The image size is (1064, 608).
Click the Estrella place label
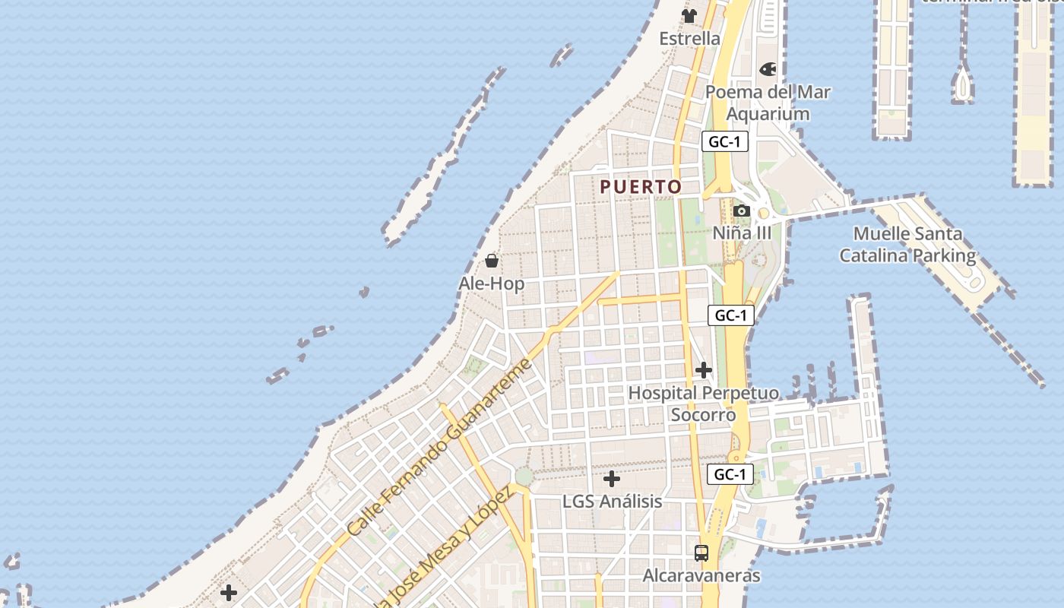[689, 38]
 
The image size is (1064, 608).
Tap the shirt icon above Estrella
[689, 16]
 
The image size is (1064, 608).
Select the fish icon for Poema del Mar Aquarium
[768, 70]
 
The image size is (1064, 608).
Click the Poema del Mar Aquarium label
[768, 103]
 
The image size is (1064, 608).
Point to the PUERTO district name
[641, 186]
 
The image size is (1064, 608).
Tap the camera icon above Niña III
[742, 211]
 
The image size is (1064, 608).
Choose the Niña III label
[742, 233]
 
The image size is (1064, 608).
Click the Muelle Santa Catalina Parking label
[907, 244]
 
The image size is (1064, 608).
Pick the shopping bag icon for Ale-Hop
[492, 261]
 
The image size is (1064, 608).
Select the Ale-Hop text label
[491, 283]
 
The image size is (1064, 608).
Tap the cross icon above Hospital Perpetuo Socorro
[704, 370]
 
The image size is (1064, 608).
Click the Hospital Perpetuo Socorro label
[704, 404]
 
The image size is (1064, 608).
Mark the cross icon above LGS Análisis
[612, 479]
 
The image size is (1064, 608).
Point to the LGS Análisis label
[612, 502]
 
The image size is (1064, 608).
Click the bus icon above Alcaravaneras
[701, 553]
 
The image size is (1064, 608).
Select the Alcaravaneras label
[701, 575]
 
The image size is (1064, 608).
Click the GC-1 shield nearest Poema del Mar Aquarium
[724, 141]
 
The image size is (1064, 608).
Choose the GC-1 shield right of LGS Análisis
[730, 474]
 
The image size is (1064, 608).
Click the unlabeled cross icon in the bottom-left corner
[229, 593]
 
